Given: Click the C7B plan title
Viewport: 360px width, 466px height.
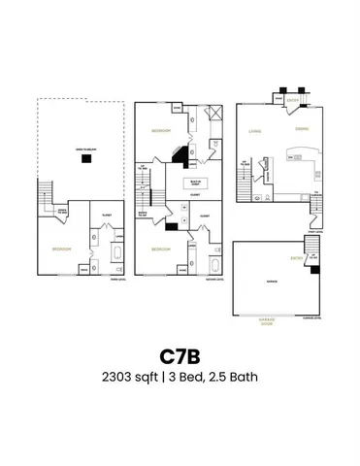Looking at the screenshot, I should pyautogui.click(x=180, y=351).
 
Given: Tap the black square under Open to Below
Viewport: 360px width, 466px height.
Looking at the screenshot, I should pyautogui.click(x=86, y=161).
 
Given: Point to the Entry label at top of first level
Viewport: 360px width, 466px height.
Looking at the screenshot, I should pyautogui.click(x=291, y=99).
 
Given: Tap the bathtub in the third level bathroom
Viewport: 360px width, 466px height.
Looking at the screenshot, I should pyautogui.click(x=117, y=256).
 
